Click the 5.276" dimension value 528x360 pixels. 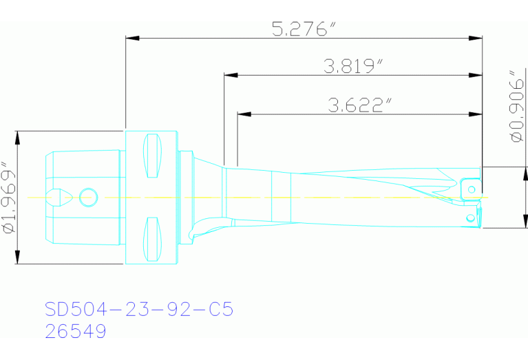click(x=304, y=30)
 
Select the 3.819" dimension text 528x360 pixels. click(x=353, y=66)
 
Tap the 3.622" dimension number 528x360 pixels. click(x=360, y=105)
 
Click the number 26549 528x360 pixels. click(x=76, y=332)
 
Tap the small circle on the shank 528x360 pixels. click(x=86, y=197)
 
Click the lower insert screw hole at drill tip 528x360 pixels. click(x=470, y=218)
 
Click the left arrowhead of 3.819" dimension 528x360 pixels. click(x=230, y=74)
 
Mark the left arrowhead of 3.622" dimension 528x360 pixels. click(x=242, y=114)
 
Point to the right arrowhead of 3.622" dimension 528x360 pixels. click(x=476, y=114)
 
